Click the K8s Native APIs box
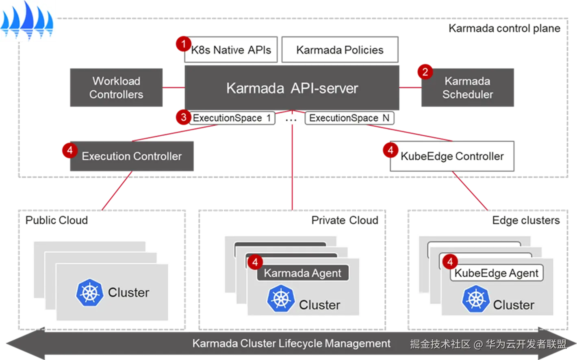[231, 50]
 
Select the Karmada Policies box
[340, 50]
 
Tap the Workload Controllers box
[117, 87]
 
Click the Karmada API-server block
[292, 88]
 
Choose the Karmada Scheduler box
[468, 87]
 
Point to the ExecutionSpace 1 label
[232, 118]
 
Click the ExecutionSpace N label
[349, 118]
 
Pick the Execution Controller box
[132, 156]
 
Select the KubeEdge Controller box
[452, 156]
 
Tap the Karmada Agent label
[302, 273]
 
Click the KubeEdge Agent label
[496, 273]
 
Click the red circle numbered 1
[183, 44]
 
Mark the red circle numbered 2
[425, 72]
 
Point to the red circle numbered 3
[183, 117]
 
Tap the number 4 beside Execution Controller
[69, 150]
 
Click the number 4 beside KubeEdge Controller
[390, 150]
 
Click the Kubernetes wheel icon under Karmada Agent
[280, 299]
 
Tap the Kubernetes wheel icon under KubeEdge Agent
[475, 299]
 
